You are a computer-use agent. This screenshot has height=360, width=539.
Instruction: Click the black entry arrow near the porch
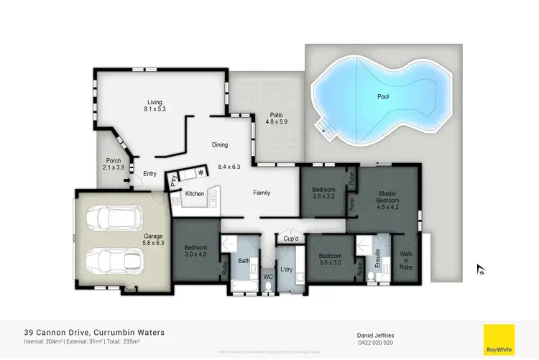127,180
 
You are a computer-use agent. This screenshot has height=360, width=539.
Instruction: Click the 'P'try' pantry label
172,181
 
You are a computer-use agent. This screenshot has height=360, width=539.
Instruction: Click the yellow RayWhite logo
498,340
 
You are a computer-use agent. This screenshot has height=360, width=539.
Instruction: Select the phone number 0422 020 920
374,343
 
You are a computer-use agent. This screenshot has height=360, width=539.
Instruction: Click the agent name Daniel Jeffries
374,335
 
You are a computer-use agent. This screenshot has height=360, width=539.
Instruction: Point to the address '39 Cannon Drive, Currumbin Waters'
93,333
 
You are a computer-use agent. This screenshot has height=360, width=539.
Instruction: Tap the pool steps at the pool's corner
326,129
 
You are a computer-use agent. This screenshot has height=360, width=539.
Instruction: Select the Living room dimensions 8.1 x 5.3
155,110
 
